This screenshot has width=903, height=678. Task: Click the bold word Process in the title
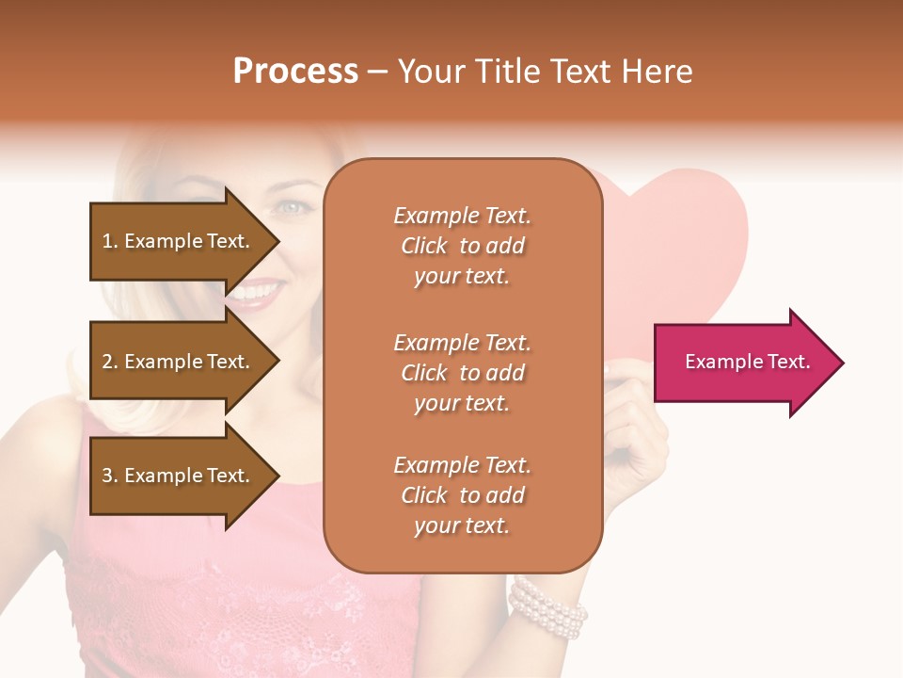coord(295,72)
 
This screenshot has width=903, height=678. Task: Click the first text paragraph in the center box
coord(462,246)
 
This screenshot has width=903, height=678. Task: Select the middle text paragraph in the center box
coord(462,373)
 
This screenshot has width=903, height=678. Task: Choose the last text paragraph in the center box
coord(462,495)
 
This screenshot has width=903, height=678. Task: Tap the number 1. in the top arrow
coord(110,241)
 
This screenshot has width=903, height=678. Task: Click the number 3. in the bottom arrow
coord(110,476)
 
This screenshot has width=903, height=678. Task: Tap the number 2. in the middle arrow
coord(110,362)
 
